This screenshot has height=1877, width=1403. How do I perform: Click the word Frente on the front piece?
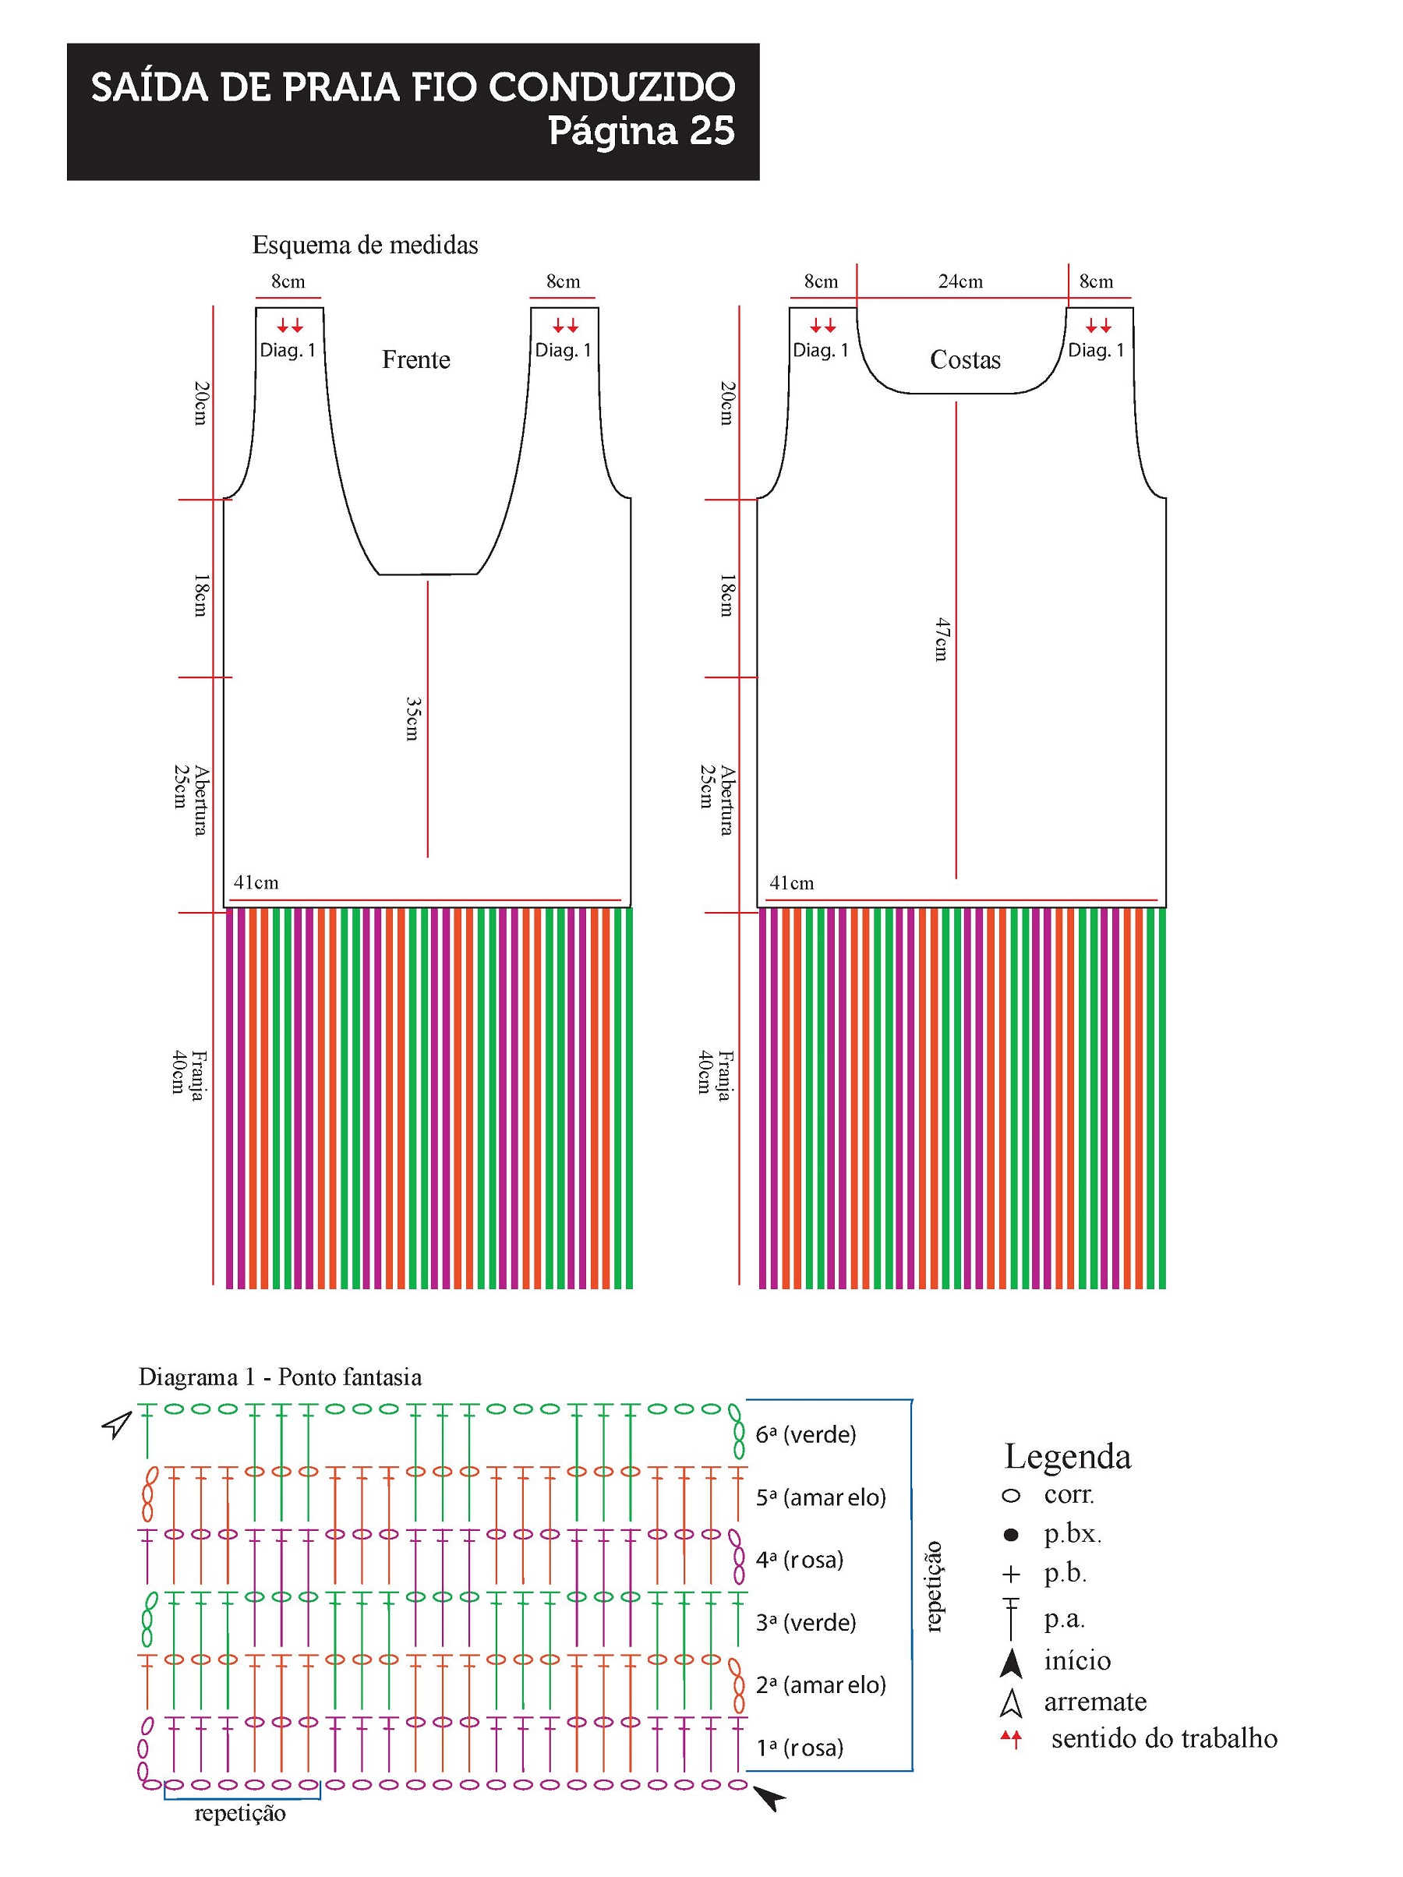click(x=416, y=360)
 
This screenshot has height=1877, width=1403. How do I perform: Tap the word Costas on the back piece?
click(x=965, y=360)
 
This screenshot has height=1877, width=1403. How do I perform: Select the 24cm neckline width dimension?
click(x=960, y=281)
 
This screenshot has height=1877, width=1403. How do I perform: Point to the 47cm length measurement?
click(x=942, y=639)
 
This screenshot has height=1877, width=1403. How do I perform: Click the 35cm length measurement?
click(x=412, y=719)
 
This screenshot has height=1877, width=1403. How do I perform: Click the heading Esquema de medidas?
click(x=365, y=246)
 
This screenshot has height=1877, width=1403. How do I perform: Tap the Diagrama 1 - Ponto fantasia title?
click(x=280, y=1377)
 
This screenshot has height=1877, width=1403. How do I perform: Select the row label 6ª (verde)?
click(x=805, y=1435)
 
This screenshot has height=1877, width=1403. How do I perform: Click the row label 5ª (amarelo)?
click(x=821, y=1497)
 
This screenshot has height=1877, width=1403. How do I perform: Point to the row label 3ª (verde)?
click(x=805, y=1622)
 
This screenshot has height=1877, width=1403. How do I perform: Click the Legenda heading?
click(x=1067, y=1456)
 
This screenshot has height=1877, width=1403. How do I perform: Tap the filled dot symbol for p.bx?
click(x=1010, y=1534)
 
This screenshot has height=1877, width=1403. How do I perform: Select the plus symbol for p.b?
click(x=1010, y=1574)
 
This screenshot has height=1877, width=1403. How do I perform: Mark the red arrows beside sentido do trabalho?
click(x=1010, y=1739)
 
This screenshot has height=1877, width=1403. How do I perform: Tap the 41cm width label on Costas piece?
click(x=791, y=883)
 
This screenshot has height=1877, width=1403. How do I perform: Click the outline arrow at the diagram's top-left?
click(x=117, y=1424)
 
